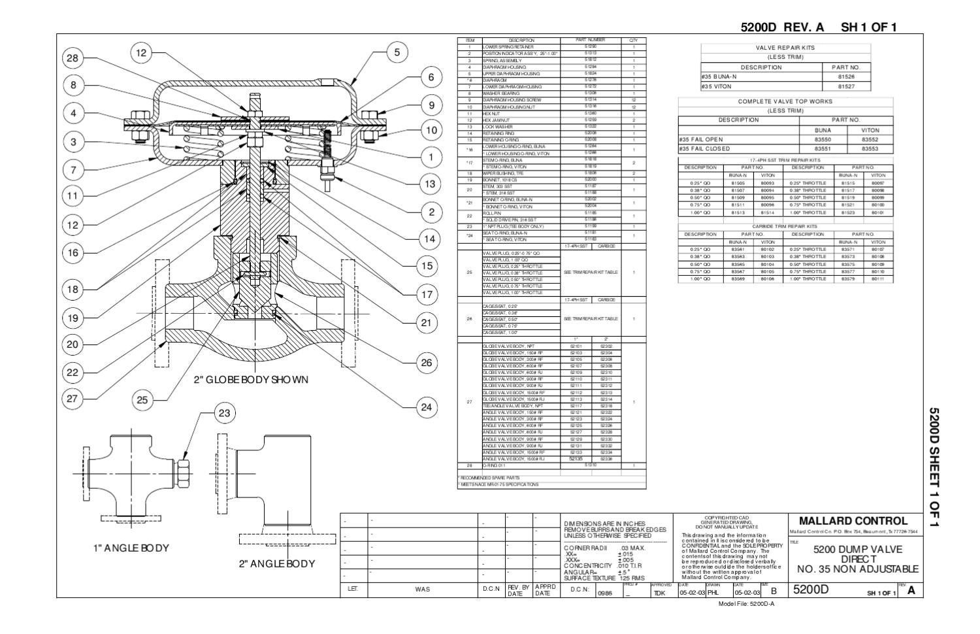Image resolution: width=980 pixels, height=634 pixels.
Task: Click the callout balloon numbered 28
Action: coord(73,58)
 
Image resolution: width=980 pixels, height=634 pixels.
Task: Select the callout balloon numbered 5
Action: coord(396,53)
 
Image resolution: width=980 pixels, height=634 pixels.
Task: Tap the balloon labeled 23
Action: coord(225,413)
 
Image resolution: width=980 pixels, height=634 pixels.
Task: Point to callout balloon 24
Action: coord(426,407)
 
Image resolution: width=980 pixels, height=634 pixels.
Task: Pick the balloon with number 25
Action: coord(142,400)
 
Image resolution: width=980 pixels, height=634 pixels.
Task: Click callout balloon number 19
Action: coord(73,318)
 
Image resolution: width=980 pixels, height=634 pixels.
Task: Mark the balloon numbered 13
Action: coord(429,184)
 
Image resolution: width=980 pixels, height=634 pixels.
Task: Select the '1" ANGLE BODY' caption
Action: coord(131,548)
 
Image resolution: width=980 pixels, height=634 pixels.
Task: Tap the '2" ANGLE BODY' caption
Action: coord(276,563)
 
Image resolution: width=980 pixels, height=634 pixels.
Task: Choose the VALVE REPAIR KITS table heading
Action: coord(785,48)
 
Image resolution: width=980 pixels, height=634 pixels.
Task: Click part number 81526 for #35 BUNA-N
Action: coord(847,76)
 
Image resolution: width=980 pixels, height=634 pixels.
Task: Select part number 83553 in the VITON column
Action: coord(870,148)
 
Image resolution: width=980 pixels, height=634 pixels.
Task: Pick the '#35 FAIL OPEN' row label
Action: coord(701,139)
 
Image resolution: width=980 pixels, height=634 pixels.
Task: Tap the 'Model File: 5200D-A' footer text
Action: coord(746,603)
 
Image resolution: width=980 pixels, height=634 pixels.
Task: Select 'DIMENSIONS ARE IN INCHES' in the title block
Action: coord(604,524)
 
